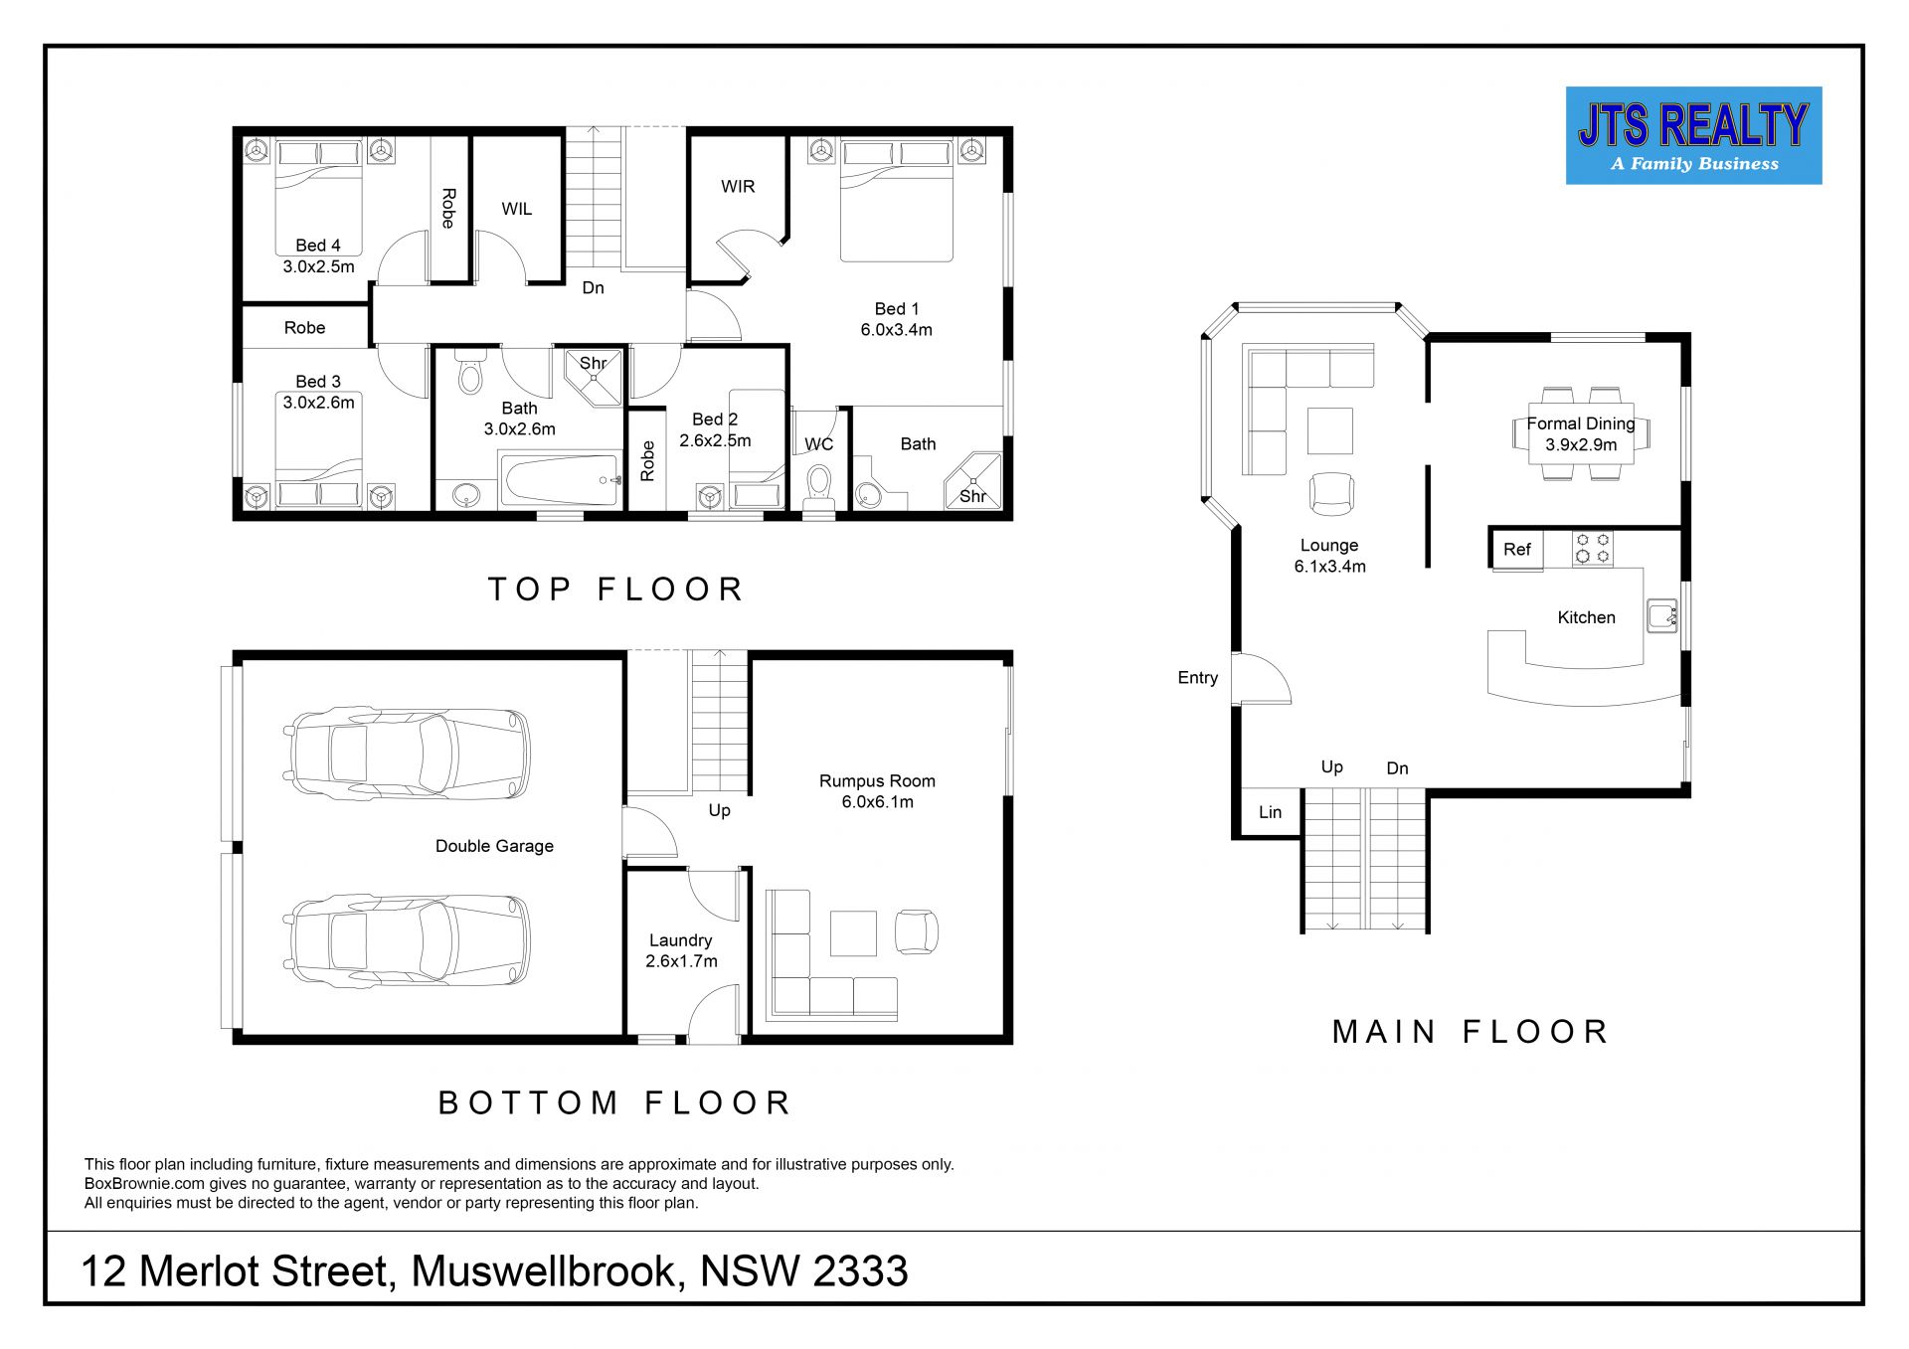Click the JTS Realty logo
1693,135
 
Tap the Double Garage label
494,846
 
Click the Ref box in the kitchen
1516,550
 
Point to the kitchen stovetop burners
1593,549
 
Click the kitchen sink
1661,615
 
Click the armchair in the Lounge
1331,493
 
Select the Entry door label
1197,678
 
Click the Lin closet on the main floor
1270,812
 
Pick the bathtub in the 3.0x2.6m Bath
561,480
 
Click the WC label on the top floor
818,444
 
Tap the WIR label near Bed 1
738,187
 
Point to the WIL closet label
517,209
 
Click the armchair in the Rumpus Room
916,931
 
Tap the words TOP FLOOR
616,590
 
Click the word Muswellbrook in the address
548,1271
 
